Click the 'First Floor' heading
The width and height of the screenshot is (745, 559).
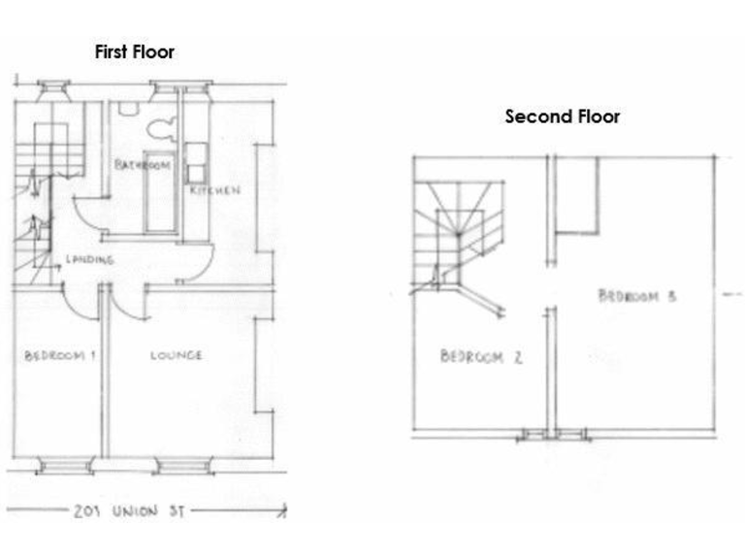pyautogui.click(x=134, y=51)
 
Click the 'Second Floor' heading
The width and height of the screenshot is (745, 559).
pyautogui.click(x=563, y=116)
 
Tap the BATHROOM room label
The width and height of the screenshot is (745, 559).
pyautogui.click(x=144, y=166)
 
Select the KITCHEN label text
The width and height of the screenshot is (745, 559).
pyautogui.click(x=214, y=191)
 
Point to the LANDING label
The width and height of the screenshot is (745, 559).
pyautogui.click(x=89, y=259)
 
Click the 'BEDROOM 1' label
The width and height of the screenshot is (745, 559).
pyautogui.click(x=59, y=355)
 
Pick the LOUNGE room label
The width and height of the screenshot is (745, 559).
pyautogui.click(x=177, y=355)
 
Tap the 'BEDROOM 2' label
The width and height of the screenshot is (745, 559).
pyautogui.click(x=481, y=356)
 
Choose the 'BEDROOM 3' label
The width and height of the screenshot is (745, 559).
pyautogui.click(x=635, y=296)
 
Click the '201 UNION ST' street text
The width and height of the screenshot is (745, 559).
pyautogui.click(x=127, y=510)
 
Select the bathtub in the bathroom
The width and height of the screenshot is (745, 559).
pyautogui.click(x=158, y=191)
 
